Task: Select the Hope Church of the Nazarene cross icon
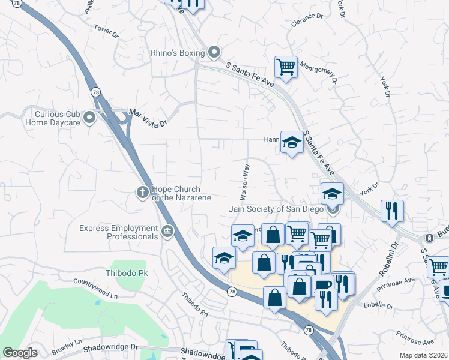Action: tap(143, 192)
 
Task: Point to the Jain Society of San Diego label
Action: tap(276, 209)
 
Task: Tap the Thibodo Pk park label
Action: tap(126, 273)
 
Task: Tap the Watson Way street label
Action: tap(245, 183)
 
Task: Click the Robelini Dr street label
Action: tap(388, 260)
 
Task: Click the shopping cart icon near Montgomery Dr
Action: tap(286, 67)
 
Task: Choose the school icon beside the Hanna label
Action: tap(292, 142)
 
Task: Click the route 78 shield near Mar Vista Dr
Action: tap(95, 92)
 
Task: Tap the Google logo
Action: tap(20, 353)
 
